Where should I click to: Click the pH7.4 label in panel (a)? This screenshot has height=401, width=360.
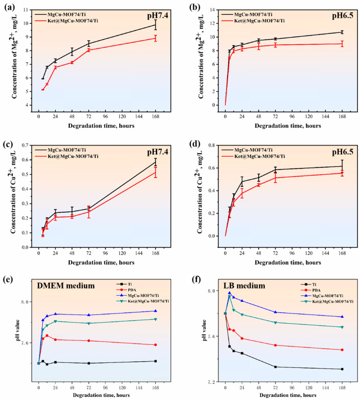point(158,16)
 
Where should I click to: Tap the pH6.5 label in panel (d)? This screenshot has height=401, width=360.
point(343,152)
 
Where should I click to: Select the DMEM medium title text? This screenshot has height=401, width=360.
point(66,285)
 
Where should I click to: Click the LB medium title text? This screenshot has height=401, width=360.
point(244,285)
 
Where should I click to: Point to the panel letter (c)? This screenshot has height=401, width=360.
point(9,144)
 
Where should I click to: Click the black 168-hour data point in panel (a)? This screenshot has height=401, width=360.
point(155,25)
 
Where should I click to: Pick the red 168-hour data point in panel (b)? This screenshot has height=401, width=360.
point(342,44)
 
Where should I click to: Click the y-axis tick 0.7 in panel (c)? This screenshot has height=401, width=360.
point(25,145)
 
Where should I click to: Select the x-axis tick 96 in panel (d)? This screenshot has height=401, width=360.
point(292,253)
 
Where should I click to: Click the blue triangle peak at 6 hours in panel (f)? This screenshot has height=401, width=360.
point(230,293)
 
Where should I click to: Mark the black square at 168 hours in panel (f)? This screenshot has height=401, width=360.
point(342,369)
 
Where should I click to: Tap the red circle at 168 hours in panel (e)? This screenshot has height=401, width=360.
point(155,345)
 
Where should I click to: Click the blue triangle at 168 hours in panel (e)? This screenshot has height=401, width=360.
point(155,311)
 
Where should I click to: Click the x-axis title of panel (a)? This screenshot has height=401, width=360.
point(101,126)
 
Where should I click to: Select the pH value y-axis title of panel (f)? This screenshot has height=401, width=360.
point(204,330)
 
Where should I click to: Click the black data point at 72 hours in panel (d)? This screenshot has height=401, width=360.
point(275,169)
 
